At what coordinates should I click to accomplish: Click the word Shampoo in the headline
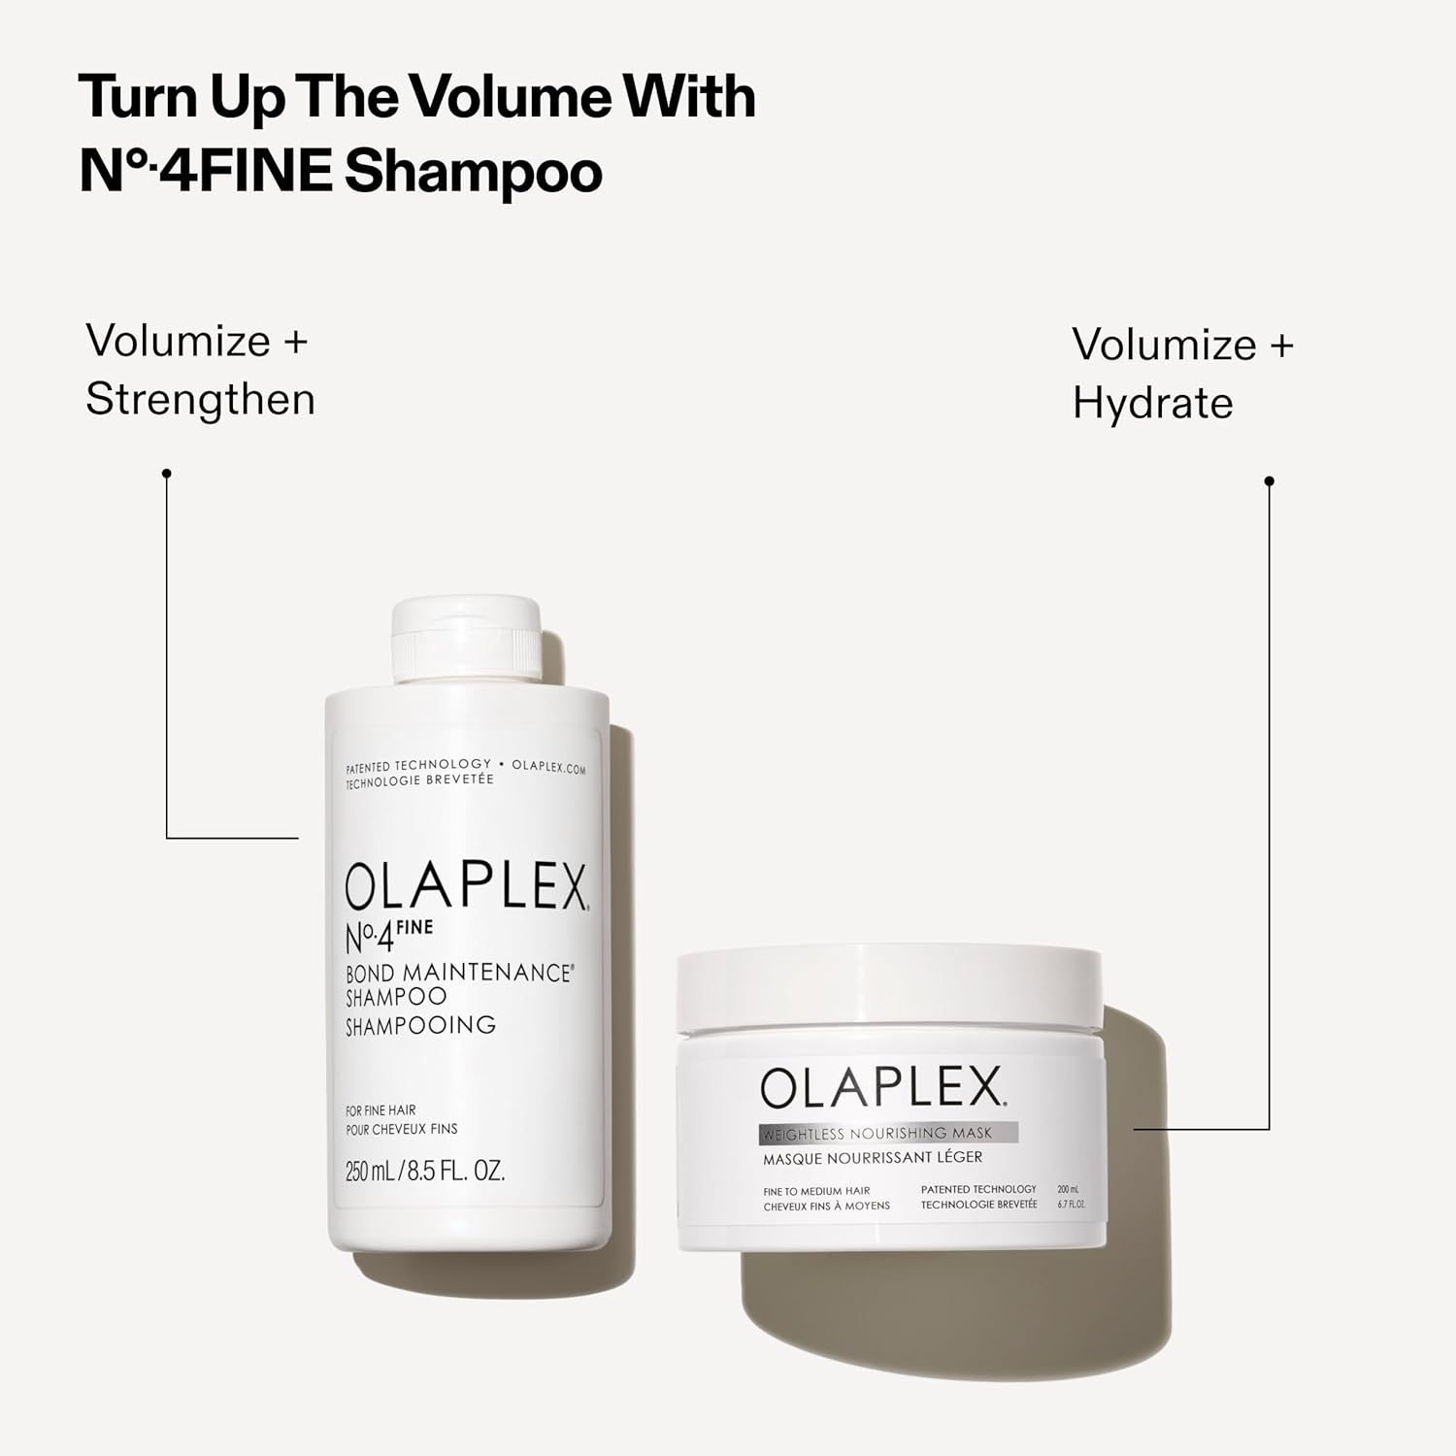pos(474,172)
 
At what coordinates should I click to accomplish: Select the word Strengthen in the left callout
pos(200,399)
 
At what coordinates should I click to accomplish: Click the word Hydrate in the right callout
pos(1152,403)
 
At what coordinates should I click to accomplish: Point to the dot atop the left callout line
pos(167,474)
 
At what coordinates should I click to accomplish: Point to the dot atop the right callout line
pos(1269,481)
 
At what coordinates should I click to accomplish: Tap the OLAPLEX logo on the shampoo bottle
pos(466,886)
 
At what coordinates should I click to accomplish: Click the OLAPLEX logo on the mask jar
pos(881,1088)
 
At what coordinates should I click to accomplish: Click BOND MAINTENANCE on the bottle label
pos(458,973)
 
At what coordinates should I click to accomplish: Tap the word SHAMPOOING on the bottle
pos(420,1025)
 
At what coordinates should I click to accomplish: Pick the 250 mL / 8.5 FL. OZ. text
pos(425,1172)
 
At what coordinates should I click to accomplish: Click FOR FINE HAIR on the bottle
pos(381,1110)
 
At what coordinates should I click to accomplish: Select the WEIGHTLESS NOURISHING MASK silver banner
pos(888,1133)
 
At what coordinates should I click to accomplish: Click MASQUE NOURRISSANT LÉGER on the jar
pos(872,1157)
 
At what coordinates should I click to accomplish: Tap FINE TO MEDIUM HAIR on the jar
pos(816,1191)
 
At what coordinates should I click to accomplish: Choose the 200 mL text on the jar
pos(1068,1189)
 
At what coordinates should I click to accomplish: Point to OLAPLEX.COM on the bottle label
pos(548,767)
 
